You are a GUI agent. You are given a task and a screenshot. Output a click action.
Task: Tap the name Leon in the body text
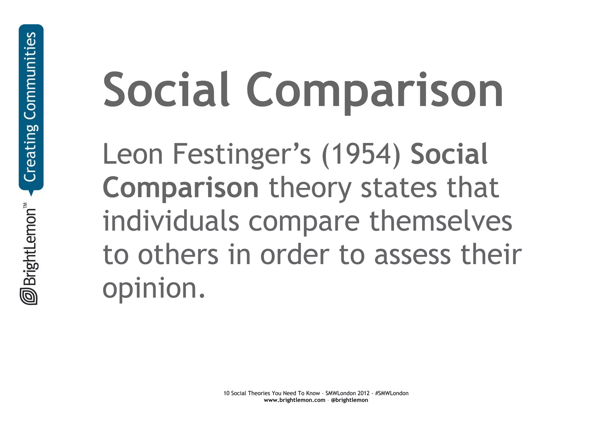click(133, 154)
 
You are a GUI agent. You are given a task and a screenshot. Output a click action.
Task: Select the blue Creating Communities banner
click(31, 107)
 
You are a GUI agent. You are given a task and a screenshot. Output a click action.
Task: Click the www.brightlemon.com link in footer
click(294, 400)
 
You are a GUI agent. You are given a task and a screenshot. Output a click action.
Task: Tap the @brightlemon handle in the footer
click(349, 400)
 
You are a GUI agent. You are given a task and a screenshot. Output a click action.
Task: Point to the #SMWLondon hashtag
click(391, 393)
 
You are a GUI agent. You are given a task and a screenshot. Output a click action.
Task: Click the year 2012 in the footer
click(363, 393)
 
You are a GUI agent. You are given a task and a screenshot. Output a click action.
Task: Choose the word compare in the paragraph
click(304, 222)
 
